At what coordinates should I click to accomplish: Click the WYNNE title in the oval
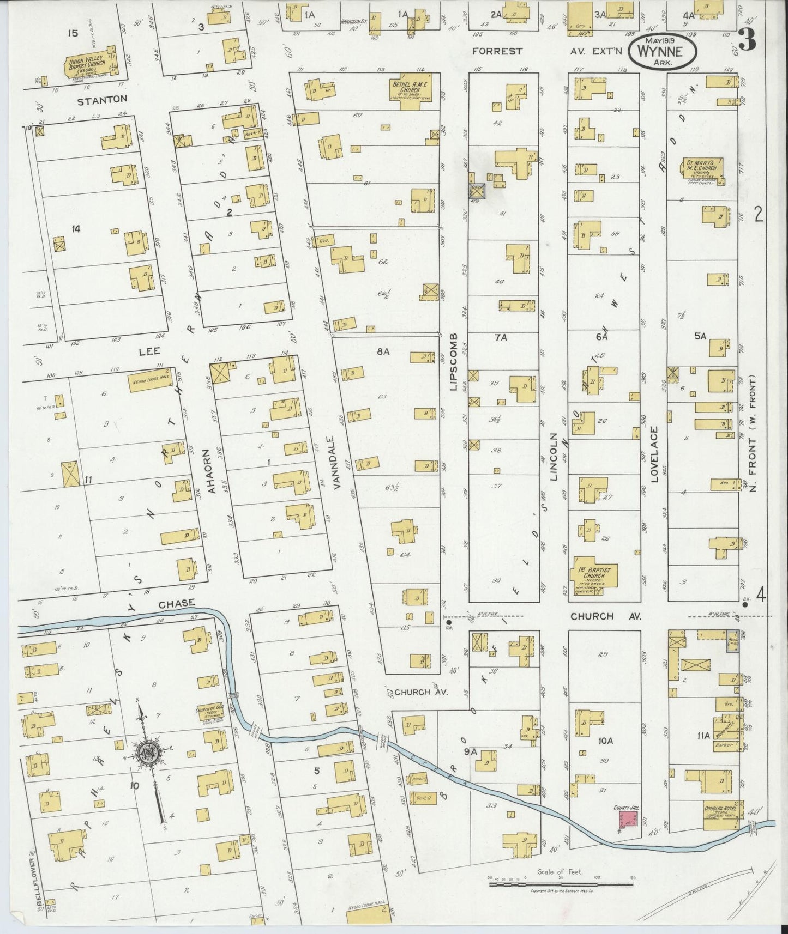(x=663, y=52)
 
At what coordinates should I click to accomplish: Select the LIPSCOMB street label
(x=453, y=362)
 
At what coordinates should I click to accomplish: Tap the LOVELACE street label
(x=655, y=454)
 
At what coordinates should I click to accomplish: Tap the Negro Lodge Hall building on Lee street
(x=149, y=381)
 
